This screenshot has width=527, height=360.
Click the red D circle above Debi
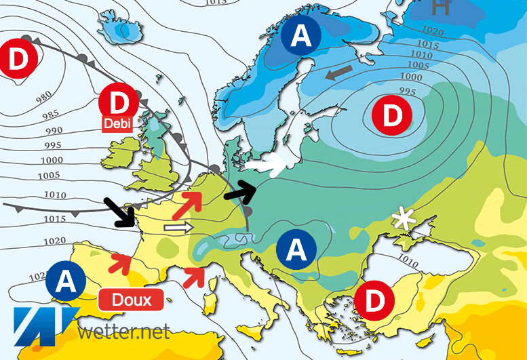pyautogui.click(x=119, y=104)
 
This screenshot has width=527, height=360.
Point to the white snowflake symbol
pyautogui.click(x=406, y=219)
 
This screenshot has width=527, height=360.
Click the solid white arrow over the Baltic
pyautogui.click(x=265, y=165)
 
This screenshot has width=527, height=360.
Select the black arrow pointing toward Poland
pyautogui.click(x=243, y=192)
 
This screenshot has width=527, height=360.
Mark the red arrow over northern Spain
pyautogui.click(x=121, y=261)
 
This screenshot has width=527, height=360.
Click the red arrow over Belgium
pyautogui.click(x=191, y=201)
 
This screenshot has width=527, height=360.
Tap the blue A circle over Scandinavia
pyautogui.click(x=302, y=37)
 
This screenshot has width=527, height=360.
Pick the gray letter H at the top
pyautogui.click(x=441, y=7)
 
